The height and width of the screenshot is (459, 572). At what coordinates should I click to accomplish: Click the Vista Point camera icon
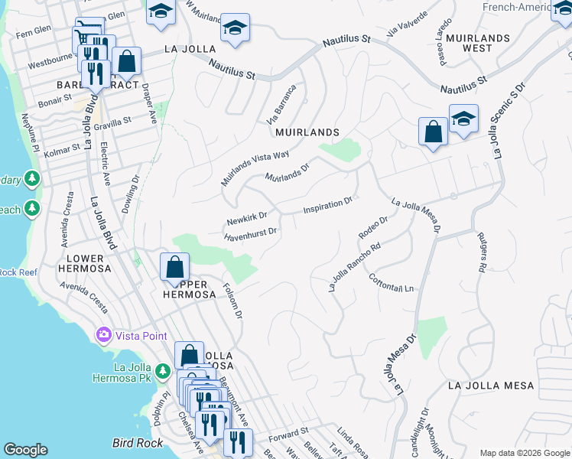click(103, 335)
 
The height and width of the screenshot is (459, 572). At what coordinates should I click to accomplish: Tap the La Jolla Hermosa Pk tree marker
click(162, 372)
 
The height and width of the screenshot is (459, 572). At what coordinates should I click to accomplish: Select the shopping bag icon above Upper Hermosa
click(174, 268)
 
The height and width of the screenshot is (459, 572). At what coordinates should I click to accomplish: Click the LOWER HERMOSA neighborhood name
click(85, 264)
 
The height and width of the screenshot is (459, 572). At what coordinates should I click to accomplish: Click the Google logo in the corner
click(25, 450)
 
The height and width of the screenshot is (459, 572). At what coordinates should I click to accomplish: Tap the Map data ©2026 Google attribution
click(525, 453)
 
